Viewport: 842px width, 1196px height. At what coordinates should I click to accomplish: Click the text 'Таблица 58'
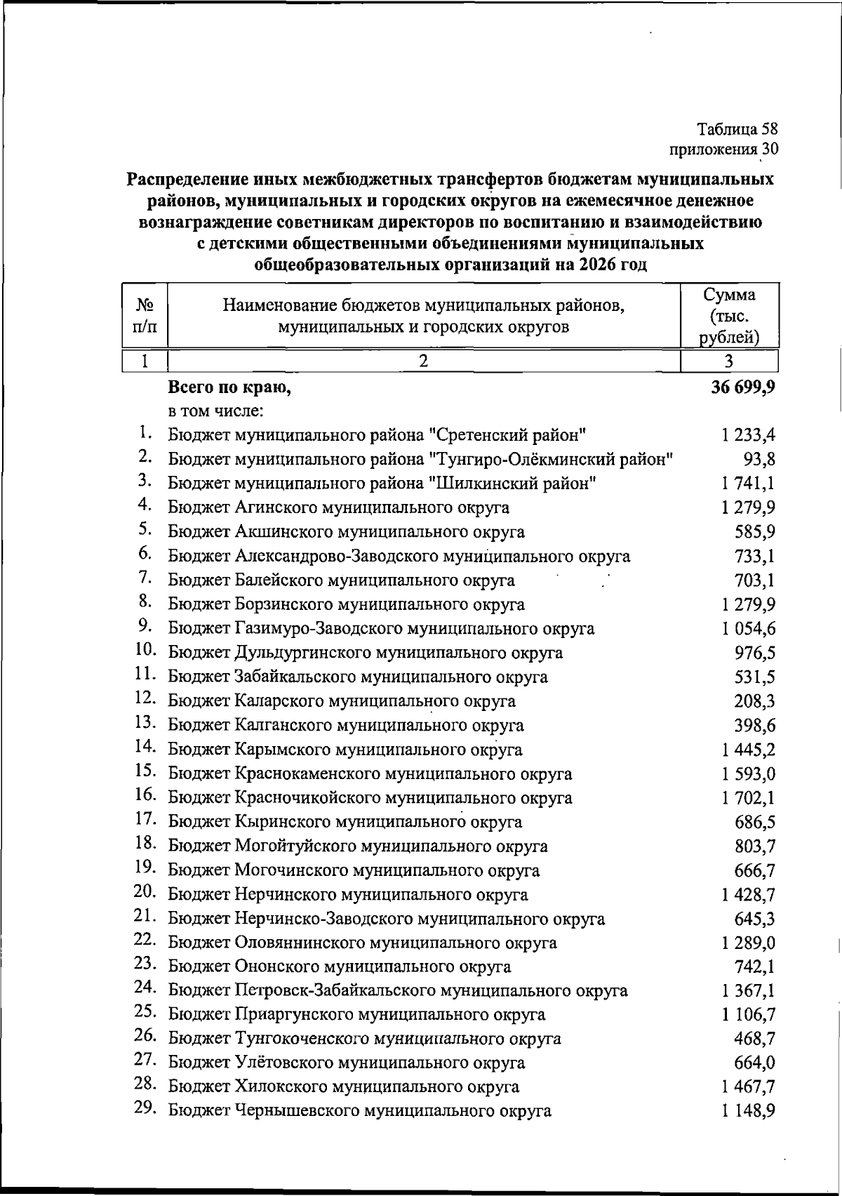[x=737, y=129]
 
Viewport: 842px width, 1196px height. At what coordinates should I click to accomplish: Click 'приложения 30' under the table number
[x=724, y=149]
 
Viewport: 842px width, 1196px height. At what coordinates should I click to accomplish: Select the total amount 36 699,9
[x=742, y=387]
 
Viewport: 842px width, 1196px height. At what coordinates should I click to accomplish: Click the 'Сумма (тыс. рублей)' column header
[x=730, y=316]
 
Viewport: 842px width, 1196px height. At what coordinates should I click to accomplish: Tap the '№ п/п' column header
[x=145, y=316]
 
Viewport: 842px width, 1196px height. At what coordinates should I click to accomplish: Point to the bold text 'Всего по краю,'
[x=229, y=387]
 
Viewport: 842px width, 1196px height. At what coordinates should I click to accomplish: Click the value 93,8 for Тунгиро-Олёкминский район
[x=759, y=460]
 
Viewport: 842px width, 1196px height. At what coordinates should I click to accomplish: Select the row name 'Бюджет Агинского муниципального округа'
[x=338, y=507]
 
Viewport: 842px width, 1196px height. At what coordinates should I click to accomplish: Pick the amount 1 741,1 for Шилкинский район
[x=748, y=484]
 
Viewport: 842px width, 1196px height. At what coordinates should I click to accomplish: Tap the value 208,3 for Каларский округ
[x=755, y=701]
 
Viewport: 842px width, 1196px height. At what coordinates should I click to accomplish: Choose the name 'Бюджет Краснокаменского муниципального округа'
[x=370, y=774]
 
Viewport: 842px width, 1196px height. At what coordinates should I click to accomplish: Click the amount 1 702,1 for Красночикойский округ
[x=748, y=798]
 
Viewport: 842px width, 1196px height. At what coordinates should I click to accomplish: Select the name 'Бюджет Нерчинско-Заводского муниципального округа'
[x=386, y=919]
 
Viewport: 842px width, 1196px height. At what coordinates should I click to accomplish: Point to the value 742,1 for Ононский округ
[x=755, y=967]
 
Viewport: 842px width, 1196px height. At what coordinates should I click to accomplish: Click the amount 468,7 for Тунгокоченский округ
[x=755, y=1039]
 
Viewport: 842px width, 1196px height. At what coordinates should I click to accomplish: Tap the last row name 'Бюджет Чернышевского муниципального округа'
[x=359, y=1111]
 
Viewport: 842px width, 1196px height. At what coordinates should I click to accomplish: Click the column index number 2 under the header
[x=423, y=361]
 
